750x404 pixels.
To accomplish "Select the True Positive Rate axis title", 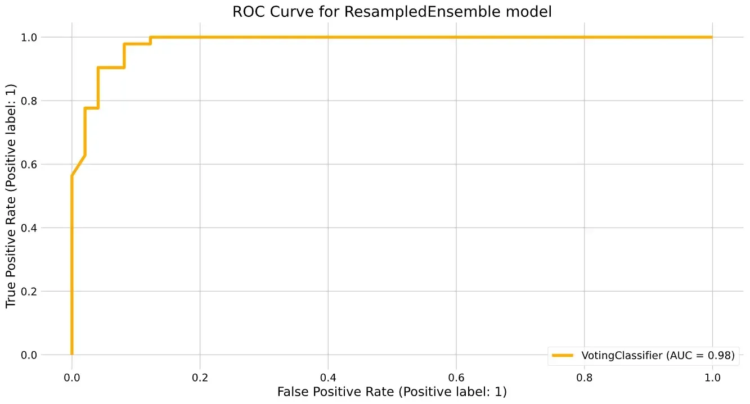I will pos(11,196).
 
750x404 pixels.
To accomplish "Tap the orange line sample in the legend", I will pos(562,355).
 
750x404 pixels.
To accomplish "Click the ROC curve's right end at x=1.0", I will pos(712,37).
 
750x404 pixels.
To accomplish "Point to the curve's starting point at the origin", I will pos(71,354).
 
